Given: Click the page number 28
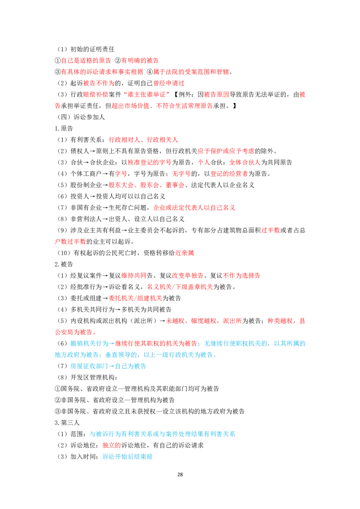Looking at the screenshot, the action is [x=180, y=474].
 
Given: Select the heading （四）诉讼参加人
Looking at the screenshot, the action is [x=80, y=117].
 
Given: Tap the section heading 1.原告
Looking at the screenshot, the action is [x=64, y=128].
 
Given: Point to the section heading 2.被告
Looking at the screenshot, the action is [x=64, y=264].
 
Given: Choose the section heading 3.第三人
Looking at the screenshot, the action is [x=67, y=423].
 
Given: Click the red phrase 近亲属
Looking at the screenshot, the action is [x=184, y=253].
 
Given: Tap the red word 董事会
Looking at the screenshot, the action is [x=175, y=185].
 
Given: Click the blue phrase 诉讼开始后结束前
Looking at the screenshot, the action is [x=128, y=457].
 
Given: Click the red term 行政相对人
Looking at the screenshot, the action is [x=125, y=139].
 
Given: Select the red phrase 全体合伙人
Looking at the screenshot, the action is [x=245, y=162].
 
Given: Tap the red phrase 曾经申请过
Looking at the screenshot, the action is [x=169, y=83].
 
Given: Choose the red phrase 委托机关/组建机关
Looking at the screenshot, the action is [x=135, y=298].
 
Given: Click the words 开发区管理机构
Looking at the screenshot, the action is [x=92, y=378].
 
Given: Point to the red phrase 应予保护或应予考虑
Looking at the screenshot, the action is [x=226, y=151].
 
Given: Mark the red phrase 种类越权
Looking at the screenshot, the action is [x=280, y=321].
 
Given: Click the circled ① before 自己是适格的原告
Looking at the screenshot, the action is [x=58, y=61].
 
